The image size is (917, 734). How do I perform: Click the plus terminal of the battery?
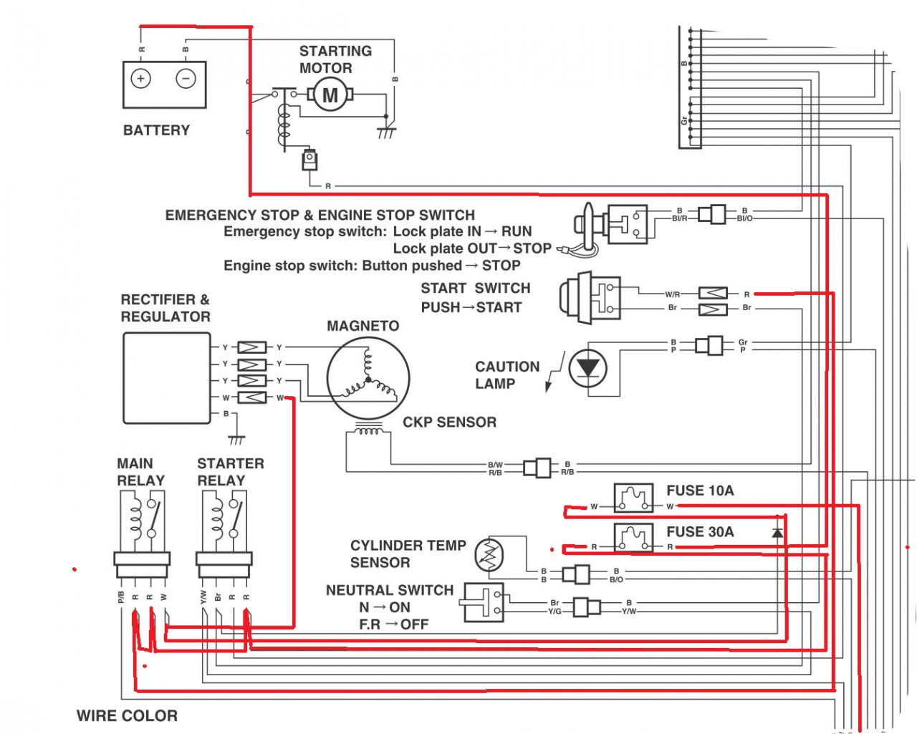140,79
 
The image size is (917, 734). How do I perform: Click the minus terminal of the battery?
186,79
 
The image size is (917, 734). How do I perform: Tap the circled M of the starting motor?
330,95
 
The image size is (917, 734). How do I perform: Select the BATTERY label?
156,130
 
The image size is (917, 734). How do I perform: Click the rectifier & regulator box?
167,379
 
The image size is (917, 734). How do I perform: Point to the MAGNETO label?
363,327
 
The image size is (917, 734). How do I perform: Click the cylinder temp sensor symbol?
490,555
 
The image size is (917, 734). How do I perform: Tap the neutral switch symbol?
484,602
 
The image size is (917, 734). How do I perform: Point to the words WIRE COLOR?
127,716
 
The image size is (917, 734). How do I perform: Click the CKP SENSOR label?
449,422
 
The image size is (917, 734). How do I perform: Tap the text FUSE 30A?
700,532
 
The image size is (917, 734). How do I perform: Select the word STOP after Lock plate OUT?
532,248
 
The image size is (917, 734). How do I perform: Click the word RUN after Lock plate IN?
517,231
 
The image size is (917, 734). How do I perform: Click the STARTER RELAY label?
230,472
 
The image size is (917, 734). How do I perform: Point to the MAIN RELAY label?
140,472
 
